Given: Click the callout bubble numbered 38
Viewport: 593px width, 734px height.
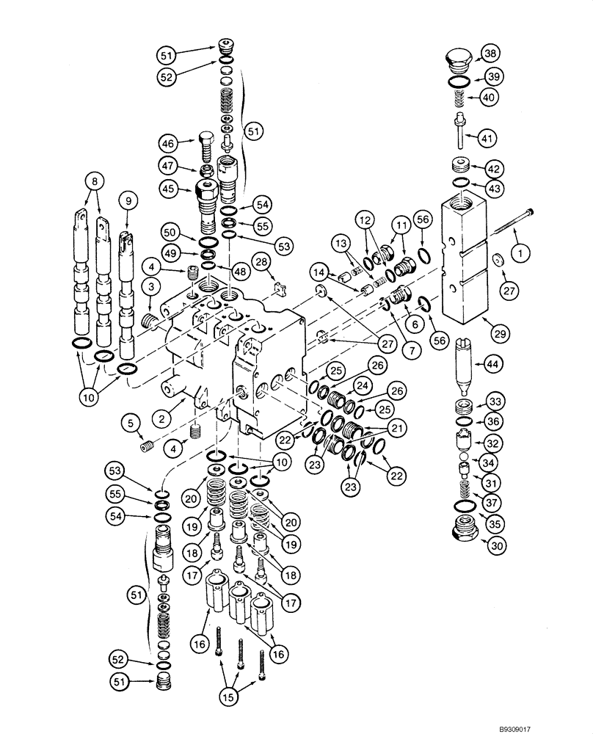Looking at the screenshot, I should pyautogui.click(x=488, y=52).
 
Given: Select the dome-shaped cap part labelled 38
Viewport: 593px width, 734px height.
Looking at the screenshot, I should pyautogui.click(x=459, y=59).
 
